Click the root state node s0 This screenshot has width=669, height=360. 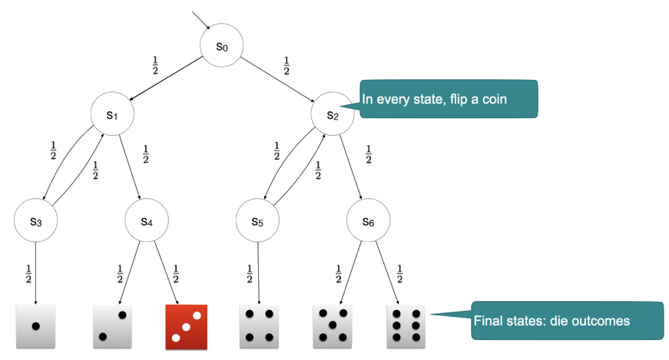[222, 46]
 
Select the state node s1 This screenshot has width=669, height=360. [111, 115]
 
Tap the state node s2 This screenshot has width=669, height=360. [333, 115]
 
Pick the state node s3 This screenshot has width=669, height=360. [35, 221]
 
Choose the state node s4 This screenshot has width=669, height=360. [146, 221]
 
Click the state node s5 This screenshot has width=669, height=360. [257, 222]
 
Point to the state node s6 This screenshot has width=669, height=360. [368, 221]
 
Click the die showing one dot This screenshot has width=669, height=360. [35, 326]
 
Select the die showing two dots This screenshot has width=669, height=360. [113, 326]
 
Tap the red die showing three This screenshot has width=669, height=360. [187, 326]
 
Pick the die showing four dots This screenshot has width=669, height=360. [259, 326]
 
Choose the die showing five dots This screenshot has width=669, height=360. [333, 326]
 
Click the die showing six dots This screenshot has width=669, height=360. [406, 326]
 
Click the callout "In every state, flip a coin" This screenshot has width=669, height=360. [449, 99]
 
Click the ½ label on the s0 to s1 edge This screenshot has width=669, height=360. [157, 66]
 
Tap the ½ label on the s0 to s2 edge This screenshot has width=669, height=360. [286, 66]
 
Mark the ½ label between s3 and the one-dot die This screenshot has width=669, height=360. [28, 273]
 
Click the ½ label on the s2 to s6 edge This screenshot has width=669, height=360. [369, 154]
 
